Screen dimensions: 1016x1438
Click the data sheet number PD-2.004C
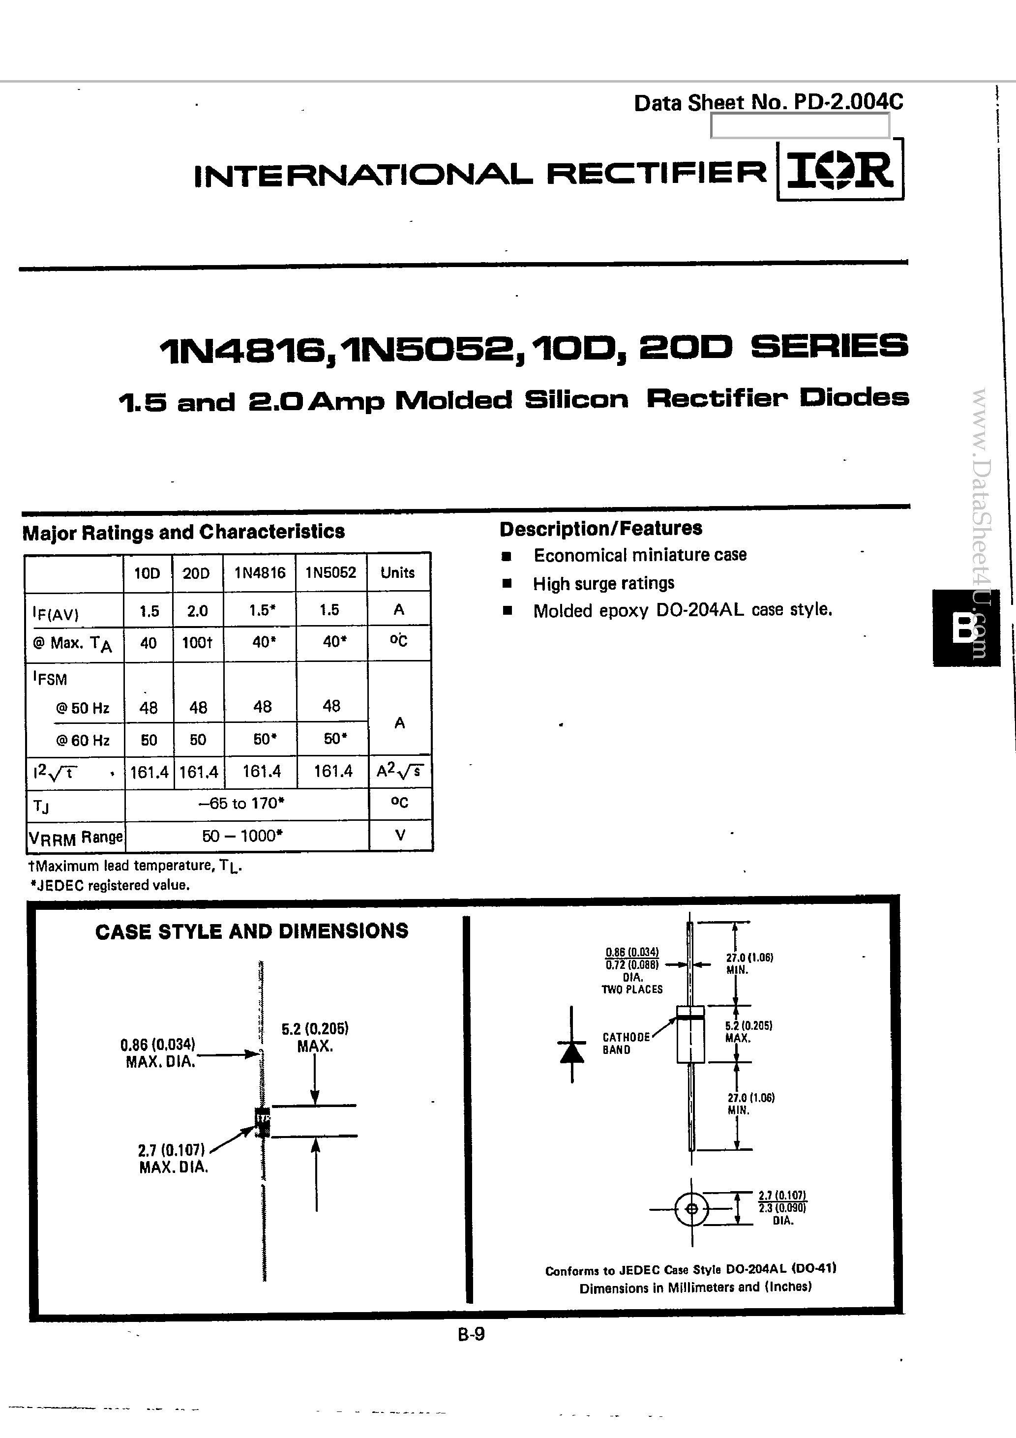[x=768, y=103]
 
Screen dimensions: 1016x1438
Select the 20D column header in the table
[x=196, y=573]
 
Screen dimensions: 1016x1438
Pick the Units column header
[x=398, y=573]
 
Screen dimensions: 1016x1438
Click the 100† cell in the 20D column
[x=197, y=643]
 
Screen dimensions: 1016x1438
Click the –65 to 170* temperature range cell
[x=241, y=803]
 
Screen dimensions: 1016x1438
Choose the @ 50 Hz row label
[x=83, y=708]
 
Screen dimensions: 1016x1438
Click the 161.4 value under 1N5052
[x=332, y=771]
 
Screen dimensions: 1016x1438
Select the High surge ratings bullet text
[x=603, y=584]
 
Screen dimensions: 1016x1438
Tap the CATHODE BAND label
[x=625, y=1044]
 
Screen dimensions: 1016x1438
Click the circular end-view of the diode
[x=691, y=1209]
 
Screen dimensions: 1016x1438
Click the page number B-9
[x=471, y=1334]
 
